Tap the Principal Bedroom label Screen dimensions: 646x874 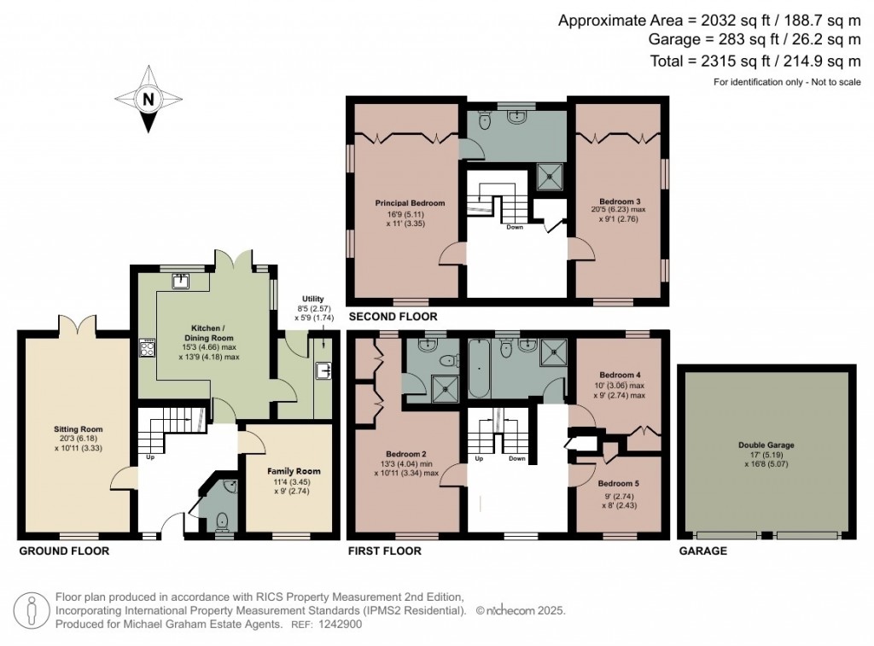411,203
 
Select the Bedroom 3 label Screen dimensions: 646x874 621,201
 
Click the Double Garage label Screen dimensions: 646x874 766,445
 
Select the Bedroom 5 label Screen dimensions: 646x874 619,483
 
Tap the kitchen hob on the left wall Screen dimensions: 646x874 147,347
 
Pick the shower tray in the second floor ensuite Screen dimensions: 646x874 550,178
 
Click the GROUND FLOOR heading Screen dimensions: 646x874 64,551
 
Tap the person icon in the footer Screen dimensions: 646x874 32,609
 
